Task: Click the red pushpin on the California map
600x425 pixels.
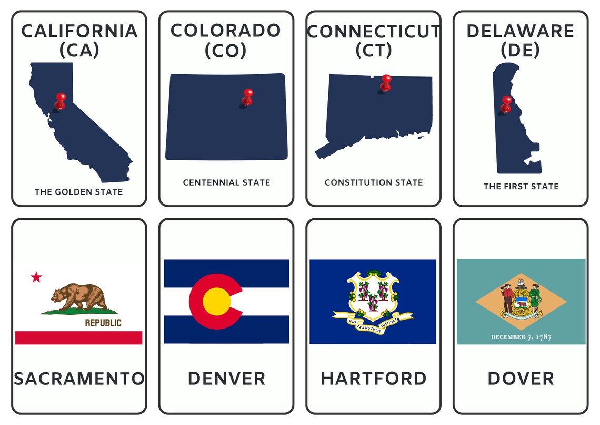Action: point(61,100)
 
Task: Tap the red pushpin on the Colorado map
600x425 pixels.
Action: point(247,96)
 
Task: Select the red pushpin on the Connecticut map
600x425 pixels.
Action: point(386,82)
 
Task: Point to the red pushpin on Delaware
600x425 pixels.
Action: point(506,103)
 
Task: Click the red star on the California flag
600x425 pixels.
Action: point(36,277)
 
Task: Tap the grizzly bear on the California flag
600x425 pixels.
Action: point(78,297)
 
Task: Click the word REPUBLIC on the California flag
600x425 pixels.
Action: point(103,323)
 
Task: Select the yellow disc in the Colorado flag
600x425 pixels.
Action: point(216,301)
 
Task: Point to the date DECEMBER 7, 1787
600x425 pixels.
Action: point(521,337)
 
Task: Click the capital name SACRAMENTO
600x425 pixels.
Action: point(79,378)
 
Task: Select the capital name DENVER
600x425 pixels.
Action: point(226,378)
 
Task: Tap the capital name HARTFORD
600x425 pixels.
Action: point(374,378)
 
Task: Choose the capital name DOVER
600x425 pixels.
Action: point(521,378)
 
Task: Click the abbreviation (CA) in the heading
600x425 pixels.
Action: point(79,51)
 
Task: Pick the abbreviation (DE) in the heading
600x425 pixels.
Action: point(521,51)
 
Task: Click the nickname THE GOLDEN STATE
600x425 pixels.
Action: point(79,192)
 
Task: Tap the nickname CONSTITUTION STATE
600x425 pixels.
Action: point(374,182)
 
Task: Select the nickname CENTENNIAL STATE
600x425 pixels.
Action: point(226,182)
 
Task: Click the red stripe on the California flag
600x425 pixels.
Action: point(79,337)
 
